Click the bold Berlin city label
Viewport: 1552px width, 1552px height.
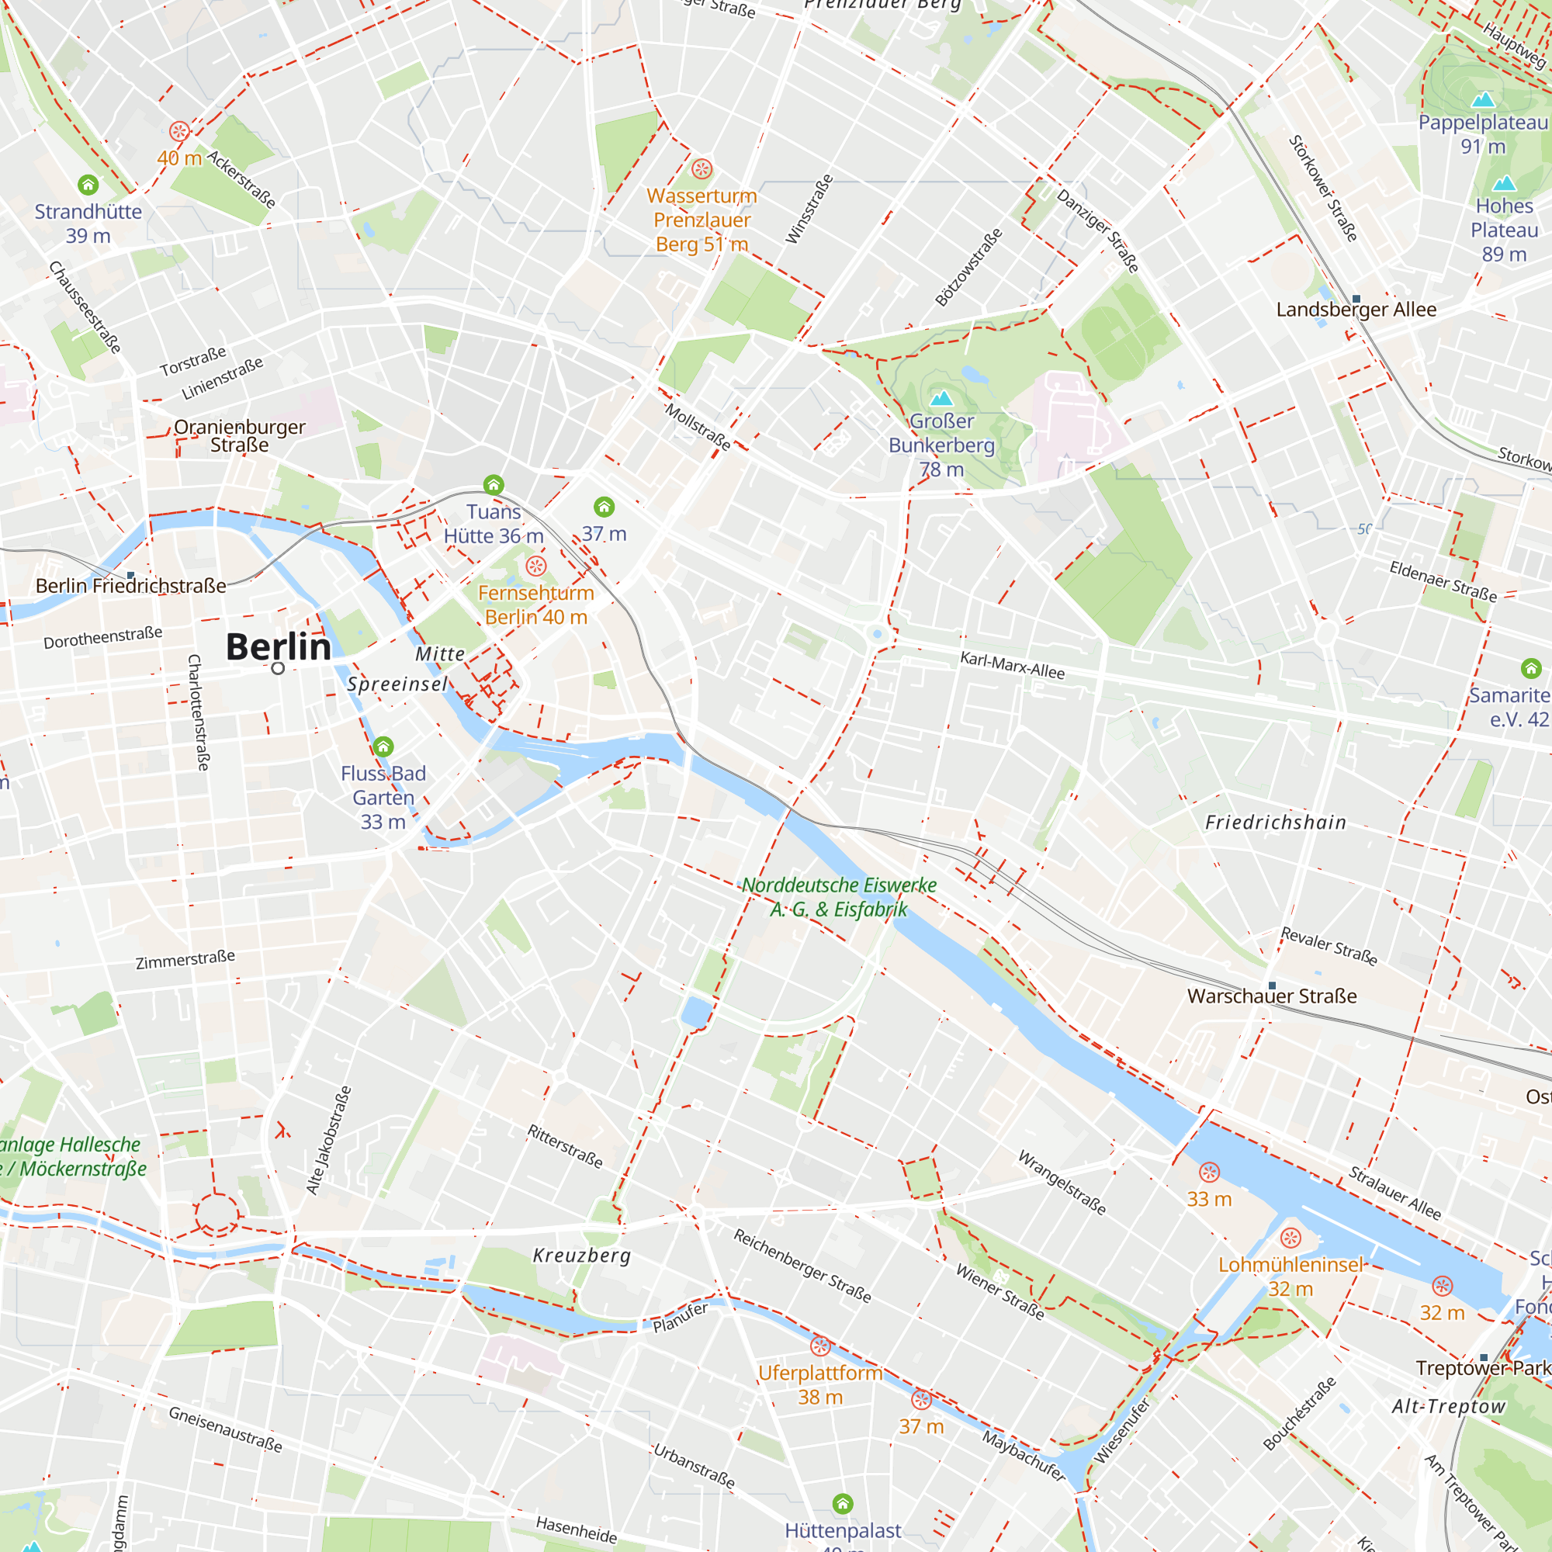tap(278, 647)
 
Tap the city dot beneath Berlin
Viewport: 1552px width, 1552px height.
tap(278, 668)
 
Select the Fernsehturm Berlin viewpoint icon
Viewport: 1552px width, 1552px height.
tap(535, 566)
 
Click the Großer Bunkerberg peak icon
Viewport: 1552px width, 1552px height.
tap(941, 397)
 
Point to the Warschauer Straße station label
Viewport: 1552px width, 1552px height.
tap(1272, 996)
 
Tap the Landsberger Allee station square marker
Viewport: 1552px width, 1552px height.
tap(1356, 299)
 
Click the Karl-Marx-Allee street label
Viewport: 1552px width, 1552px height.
tap(1012, 665)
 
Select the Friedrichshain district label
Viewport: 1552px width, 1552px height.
tap(1275, 823)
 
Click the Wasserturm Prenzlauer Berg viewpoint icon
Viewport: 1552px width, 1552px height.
tap(702, 168)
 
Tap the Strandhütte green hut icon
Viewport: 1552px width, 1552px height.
tap(88, 185)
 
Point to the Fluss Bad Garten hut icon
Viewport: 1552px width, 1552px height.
tap(383, 747)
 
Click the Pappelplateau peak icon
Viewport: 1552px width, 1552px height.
tap(1483, 99)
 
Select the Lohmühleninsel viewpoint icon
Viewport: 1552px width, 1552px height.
tap(1290, 1238)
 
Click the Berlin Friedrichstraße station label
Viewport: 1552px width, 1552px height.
tap(131, 586)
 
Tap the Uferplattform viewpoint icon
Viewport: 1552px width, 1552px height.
tap(819, 1346)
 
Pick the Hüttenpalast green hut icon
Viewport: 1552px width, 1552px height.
tap(842, 1503)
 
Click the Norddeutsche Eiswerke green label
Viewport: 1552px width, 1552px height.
tap(839, 896)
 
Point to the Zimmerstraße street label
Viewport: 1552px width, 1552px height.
tap(185, 959)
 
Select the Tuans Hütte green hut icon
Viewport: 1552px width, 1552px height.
tap(494, 484)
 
